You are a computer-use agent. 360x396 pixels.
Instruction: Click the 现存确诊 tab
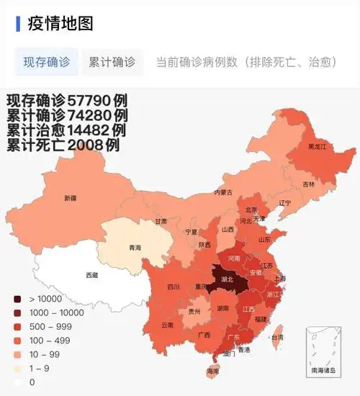(x=47, y=62)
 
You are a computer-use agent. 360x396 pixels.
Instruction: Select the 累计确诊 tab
(x=112, y=62)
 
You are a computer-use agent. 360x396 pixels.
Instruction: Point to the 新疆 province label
(x=70, y=198)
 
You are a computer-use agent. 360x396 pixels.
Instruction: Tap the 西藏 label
(x=92, y=275)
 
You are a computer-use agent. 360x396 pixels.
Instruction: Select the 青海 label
(x=135, y=248)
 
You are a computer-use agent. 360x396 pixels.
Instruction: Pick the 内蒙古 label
(x=223, y=192)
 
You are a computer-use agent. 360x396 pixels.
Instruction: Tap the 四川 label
(x=173, y=287)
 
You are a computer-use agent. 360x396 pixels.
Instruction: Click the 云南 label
(x=167, y=325)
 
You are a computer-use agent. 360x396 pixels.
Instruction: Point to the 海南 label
(x=212, y=371)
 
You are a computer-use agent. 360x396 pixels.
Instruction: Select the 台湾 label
(x=276, y=337)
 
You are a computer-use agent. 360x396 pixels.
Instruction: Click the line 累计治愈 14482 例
(x=66, y=130)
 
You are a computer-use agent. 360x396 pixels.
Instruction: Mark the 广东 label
(x=233, y=337)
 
